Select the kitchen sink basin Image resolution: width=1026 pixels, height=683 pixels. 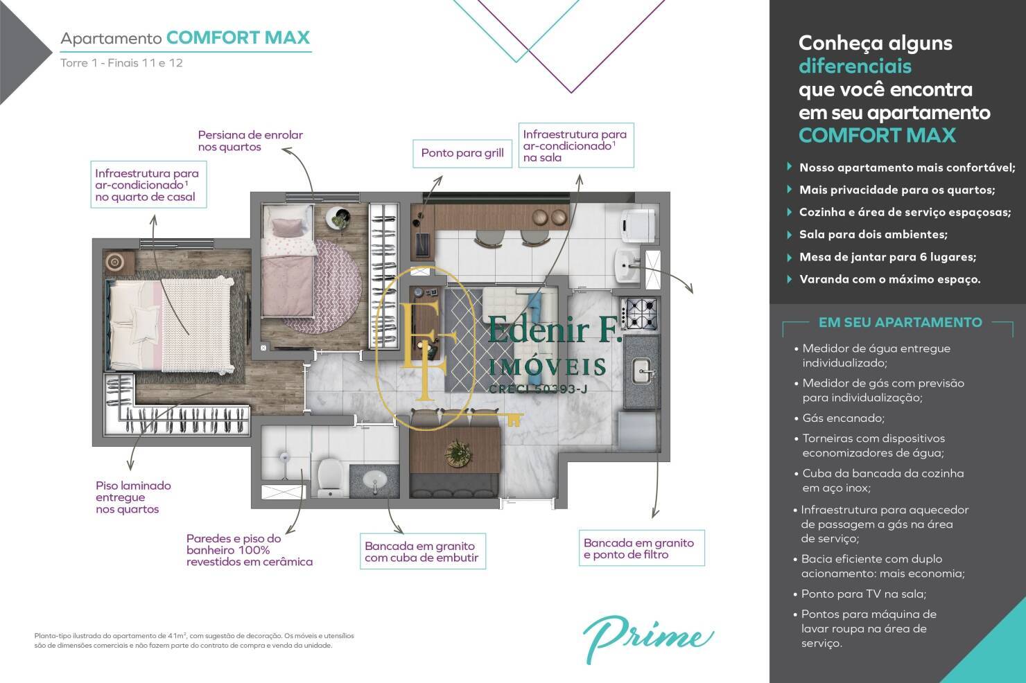click(641, 370)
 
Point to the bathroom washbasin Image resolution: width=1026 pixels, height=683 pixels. click(374, 479)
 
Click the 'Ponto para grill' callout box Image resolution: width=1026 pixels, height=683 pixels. click(462, 153)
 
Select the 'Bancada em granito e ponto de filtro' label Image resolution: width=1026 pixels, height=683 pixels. click(639, 549)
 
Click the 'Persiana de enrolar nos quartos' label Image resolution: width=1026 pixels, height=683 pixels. click(250, 141)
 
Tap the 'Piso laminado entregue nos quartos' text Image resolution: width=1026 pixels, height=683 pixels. click(133, 497)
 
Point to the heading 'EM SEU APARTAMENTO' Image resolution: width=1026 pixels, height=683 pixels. click(900, 322)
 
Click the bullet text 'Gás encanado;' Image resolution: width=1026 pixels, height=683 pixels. click(833, 418)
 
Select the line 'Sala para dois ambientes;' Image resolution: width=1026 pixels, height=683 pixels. click(873, 235)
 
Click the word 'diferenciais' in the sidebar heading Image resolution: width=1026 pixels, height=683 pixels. click(855, 66)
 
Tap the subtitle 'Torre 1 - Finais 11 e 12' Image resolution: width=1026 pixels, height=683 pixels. click(121, 63)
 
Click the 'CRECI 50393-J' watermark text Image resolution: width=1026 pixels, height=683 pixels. click(538, 389)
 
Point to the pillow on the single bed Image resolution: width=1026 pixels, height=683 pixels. click(284, 227)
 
